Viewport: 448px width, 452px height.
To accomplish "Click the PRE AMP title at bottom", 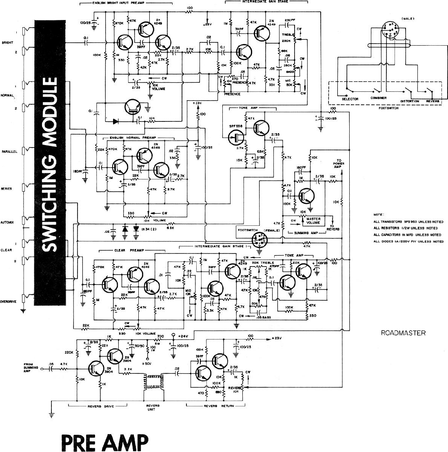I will tap(104, 442).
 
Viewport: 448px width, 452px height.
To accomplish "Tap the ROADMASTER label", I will tap(403, 333).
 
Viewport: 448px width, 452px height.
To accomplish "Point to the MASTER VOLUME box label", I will tap(313, 221).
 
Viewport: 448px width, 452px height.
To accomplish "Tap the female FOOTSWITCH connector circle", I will tap(258, 240).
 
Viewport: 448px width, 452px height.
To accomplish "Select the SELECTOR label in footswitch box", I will tap(350, 99).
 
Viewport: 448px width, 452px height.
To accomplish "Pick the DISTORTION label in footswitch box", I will tap(409, 101).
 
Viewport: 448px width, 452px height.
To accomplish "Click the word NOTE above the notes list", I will tap(378, 214).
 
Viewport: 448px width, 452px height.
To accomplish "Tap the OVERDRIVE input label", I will tap(8, 301).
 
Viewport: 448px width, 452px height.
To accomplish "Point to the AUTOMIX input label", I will tap(7, 222).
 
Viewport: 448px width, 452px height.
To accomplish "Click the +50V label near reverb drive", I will tap(147, 363).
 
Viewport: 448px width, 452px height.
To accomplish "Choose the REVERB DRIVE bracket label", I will tap(98, 406).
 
